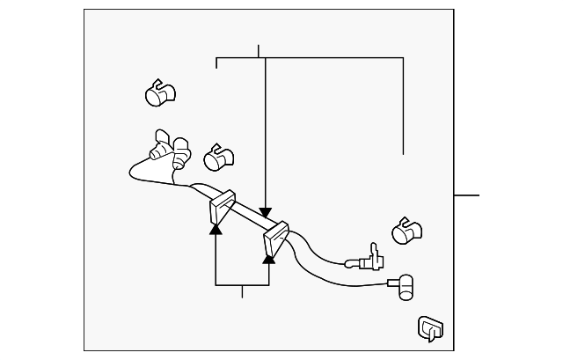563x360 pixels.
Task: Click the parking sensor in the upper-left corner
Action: pos(158,92)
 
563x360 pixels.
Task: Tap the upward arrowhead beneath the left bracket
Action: pos(216,228)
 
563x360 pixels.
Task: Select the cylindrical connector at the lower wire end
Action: pos(406,285)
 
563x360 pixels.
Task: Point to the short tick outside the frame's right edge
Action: pos(466,195)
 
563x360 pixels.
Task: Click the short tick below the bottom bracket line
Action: pos(242,291)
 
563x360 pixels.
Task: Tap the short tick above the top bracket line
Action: pos(260,51)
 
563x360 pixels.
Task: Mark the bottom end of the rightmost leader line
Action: pos(404,153)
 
